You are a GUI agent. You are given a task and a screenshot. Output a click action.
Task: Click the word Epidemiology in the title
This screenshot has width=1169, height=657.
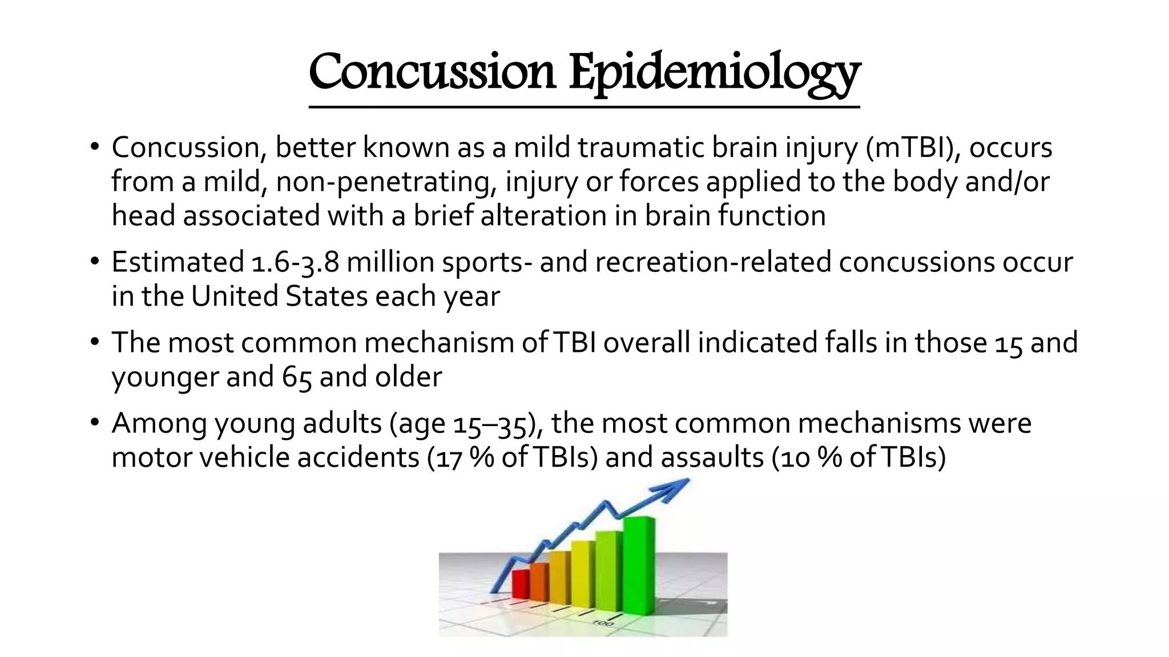point(714,73)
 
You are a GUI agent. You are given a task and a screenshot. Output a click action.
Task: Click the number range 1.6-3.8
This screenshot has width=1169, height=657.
point(295,263)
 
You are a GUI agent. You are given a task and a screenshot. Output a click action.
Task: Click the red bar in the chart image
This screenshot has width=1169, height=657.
point(521,584)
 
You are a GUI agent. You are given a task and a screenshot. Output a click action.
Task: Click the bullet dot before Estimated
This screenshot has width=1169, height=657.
point(94,263)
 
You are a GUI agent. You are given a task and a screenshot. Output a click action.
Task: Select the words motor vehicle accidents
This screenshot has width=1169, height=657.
point(265,458)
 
